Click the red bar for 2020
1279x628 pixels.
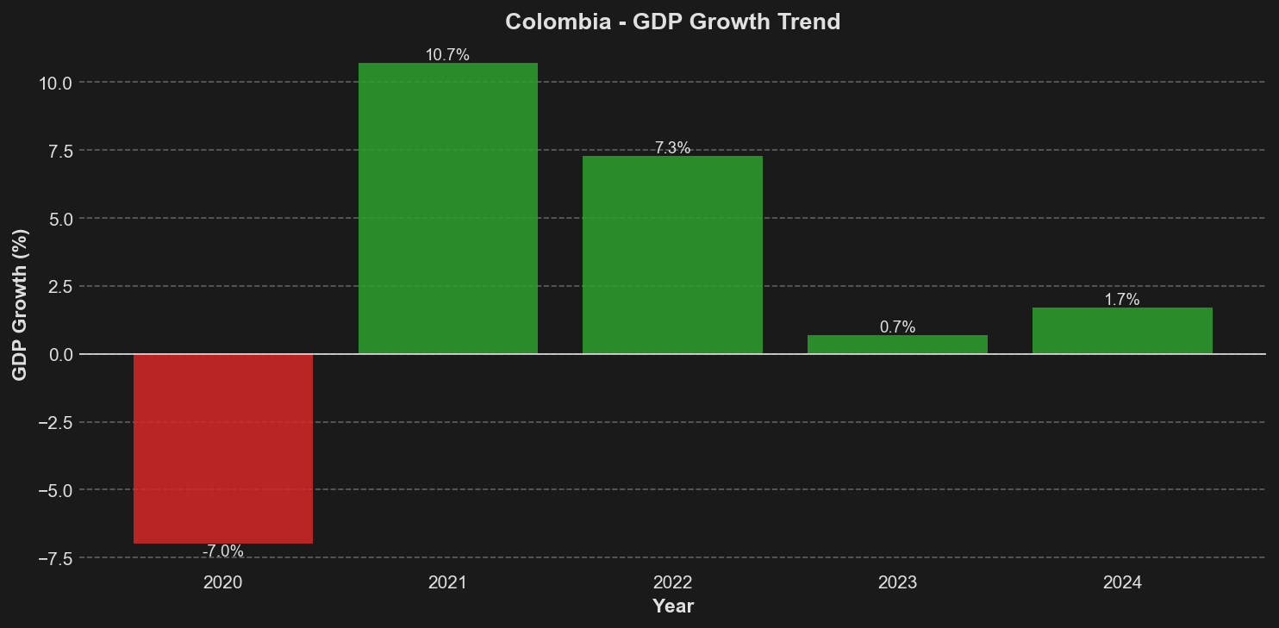point(223,448)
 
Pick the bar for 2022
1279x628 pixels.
point(672,254)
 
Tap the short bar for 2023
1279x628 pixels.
point(897,345)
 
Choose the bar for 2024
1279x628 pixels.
point(1122,331)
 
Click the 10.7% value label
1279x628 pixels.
point(448,55)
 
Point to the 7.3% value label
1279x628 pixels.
point(672,148)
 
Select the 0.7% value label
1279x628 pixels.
point(897,327)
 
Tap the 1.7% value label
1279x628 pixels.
point(1122,300)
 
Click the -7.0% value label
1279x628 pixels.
point(223,551)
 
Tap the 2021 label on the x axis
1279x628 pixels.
point(448,583)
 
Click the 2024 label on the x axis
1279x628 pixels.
point(1122,583)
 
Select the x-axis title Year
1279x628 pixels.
point(673,606)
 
